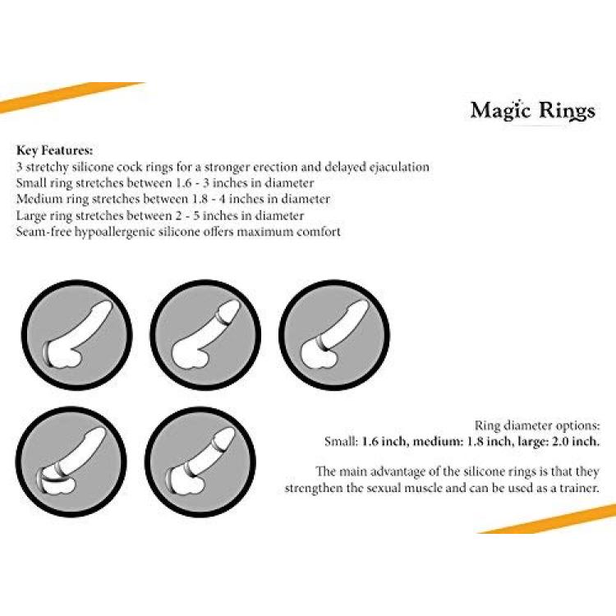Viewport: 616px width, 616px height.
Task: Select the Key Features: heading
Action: pyautogui.click(x=54, y=150)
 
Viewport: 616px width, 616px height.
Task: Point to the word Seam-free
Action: pyautogui.click(x=44, y=232)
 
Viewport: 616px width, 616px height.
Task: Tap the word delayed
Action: pyautogui.click(x=345, y=167)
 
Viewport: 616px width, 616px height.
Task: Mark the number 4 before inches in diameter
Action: pyautogui.click(x=222, y=200)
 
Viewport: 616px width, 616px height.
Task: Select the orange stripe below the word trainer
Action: pyautogui.click(x=548, y=519)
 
